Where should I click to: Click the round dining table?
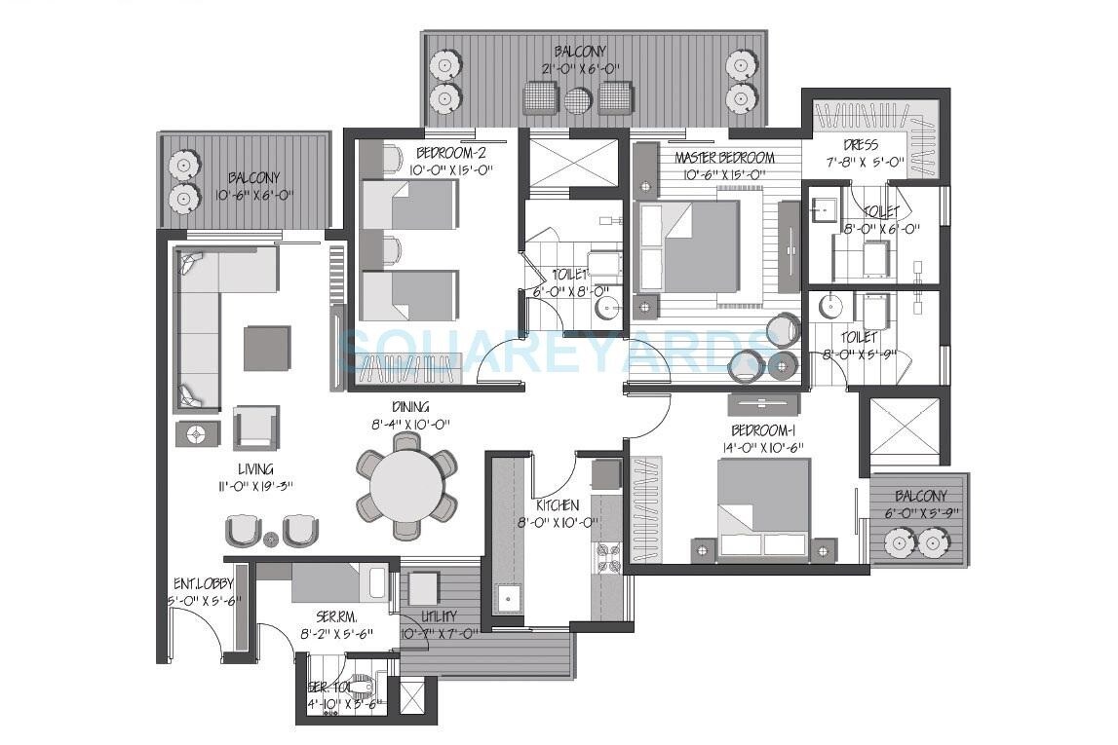[407, 484]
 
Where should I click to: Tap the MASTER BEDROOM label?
[723, 158]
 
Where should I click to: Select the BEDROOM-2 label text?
[450, 153]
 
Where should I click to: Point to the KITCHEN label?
[557, 505]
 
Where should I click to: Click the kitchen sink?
[507, 597]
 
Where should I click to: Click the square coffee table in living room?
[266, 348]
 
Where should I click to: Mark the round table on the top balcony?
[578, 99]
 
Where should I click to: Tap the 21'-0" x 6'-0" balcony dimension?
[580, 68]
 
